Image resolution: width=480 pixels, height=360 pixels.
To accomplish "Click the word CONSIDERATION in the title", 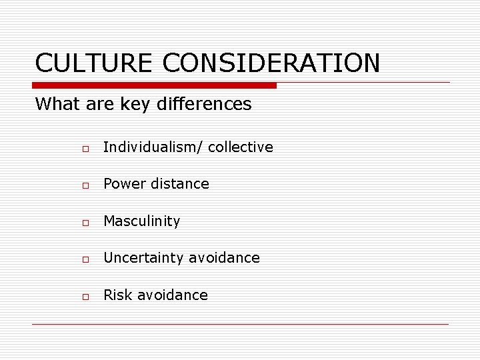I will (x=271, y=63).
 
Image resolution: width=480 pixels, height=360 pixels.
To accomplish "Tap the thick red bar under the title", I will (x=155, y=85).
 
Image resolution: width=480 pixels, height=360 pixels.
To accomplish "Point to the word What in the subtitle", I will (x=55, y=104).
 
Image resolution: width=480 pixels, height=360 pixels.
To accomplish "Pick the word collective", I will (x=241, y=147).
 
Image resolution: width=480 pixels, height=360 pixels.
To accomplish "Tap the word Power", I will (x=125, y=184).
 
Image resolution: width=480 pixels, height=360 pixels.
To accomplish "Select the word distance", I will (x=180, y=184).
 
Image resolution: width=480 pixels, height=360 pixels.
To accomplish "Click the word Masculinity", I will (x=141, y=221).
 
